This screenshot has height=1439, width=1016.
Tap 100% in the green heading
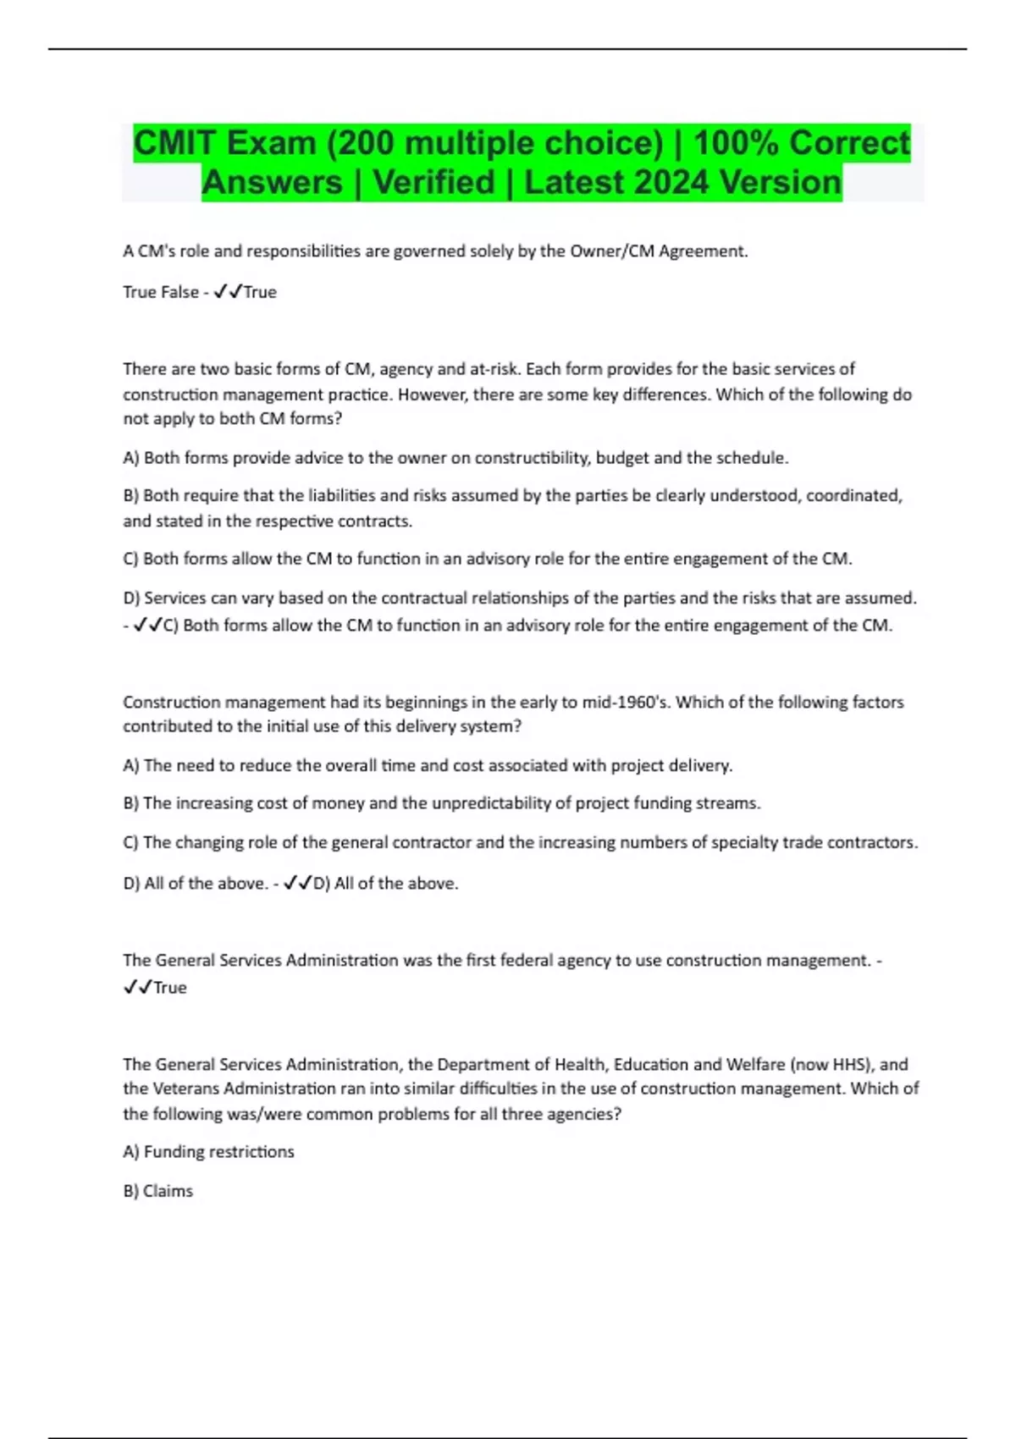(736, 143)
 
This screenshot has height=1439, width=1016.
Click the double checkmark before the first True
(229, 292)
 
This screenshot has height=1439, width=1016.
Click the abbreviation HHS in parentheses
(851, 1065)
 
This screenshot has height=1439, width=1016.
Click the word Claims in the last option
(168, 1191)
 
